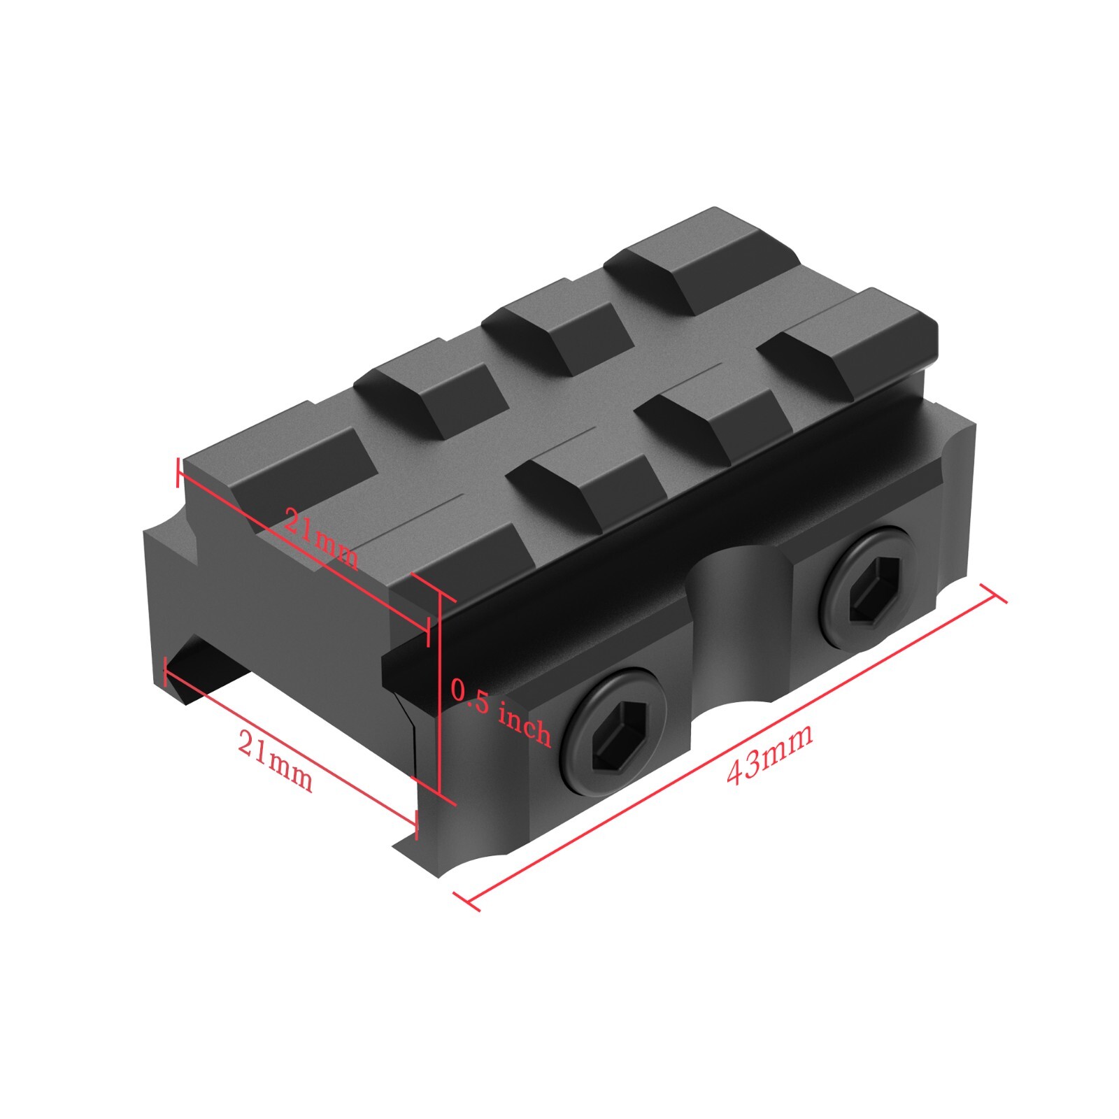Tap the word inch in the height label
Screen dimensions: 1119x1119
(x=525, y=725)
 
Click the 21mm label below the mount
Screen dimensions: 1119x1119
(x=275, y=760)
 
